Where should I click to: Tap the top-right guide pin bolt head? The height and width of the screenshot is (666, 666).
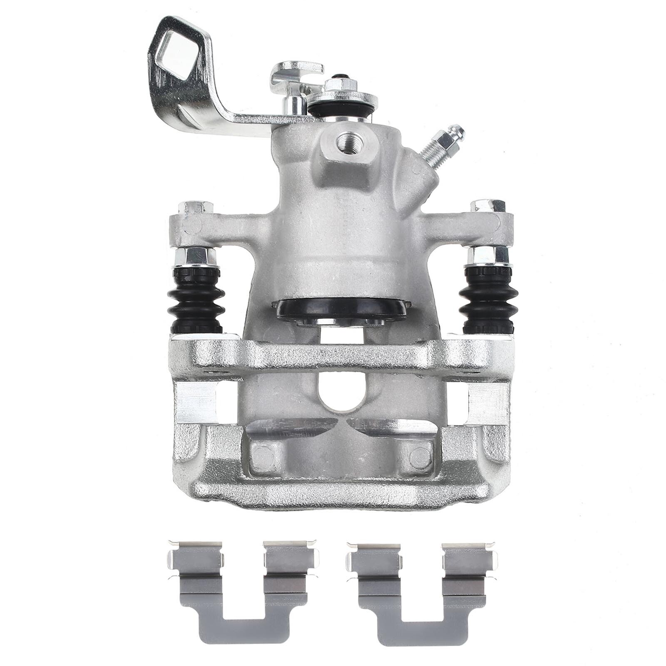coord(488,206)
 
